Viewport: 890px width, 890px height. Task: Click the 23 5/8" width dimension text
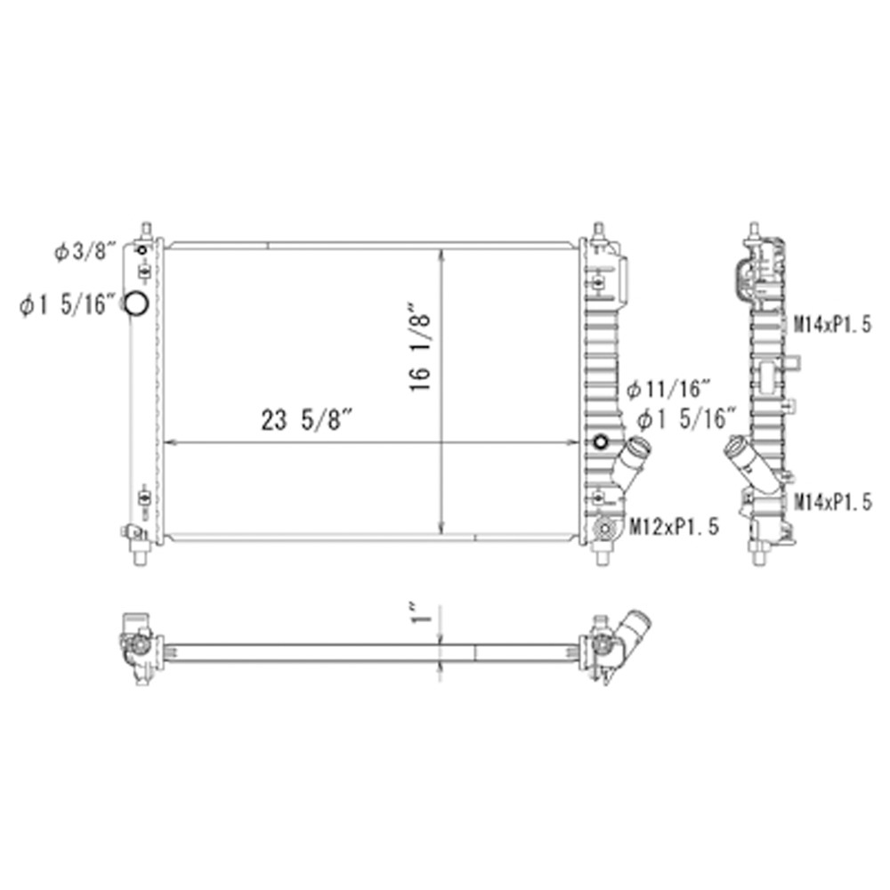point(307,421)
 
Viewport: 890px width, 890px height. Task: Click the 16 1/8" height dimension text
point(421,352)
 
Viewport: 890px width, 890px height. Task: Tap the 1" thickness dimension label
point(422,613)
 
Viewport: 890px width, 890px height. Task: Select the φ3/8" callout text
point(85,250)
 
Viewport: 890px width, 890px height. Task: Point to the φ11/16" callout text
point(668,390)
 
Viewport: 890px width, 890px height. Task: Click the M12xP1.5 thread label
point(675,527)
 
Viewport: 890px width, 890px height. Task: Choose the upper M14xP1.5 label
point(832,325)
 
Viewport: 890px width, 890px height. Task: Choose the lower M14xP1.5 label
point(832,502)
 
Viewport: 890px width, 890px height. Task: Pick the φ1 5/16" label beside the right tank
point(685,419)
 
